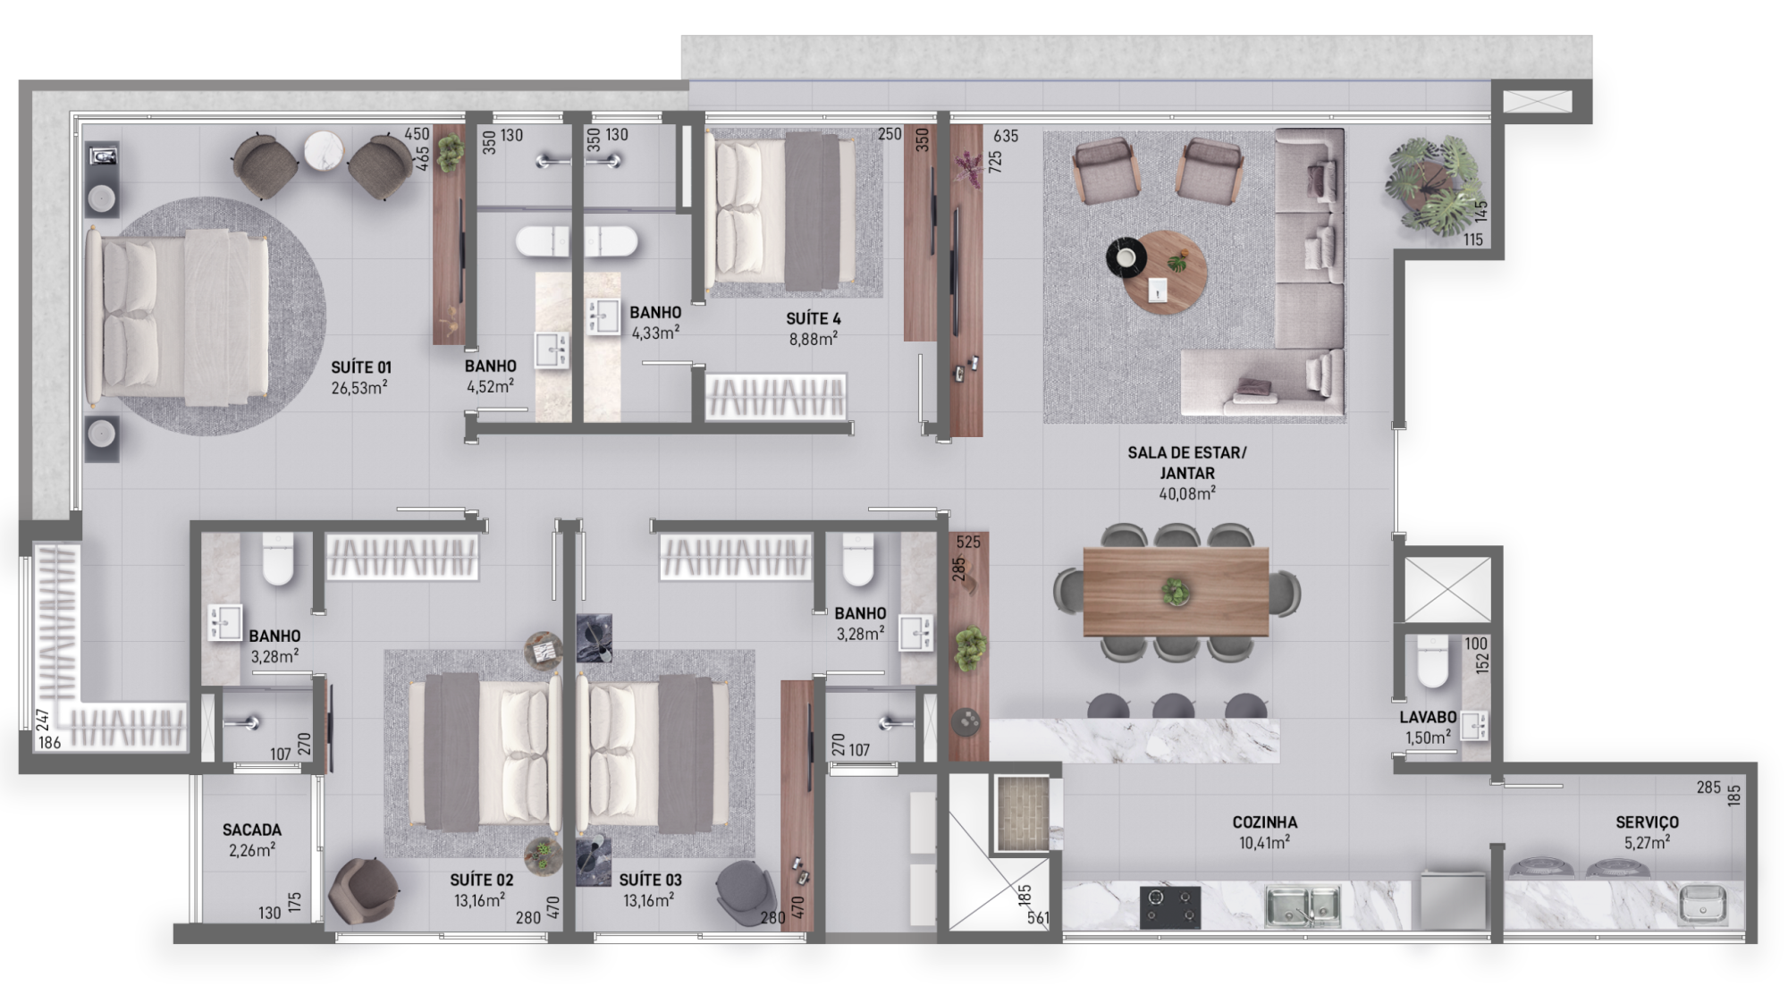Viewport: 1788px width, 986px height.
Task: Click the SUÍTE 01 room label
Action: (361, 367)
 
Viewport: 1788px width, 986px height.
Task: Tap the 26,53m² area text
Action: (358, 388)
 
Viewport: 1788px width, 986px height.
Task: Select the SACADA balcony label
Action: (252, 830)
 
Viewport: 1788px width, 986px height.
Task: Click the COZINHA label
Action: (1264, 822)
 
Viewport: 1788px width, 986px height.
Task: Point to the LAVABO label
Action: (1428, 717)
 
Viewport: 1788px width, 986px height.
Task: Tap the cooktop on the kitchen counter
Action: (1169, 906)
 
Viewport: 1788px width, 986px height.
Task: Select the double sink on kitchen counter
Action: (1303, 905)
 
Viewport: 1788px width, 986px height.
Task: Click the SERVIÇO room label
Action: (1647, 822)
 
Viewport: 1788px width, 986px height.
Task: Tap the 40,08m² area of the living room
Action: (1186, 493)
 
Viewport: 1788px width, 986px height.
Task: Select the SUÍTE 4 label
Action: (813, 319)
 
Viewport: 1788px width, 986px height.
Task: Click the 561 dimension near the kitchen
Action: (1038, 917)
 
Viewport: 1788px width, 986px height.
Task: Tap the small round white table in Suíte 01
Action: (323, 151)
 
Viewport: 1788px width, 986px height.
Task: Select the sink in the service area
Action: (1703, 905)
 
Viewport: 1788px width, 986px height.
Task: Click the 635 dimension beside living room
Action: (1006, 136)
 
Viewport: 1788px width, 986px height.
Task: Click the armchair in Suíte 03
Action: (746, 889)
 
